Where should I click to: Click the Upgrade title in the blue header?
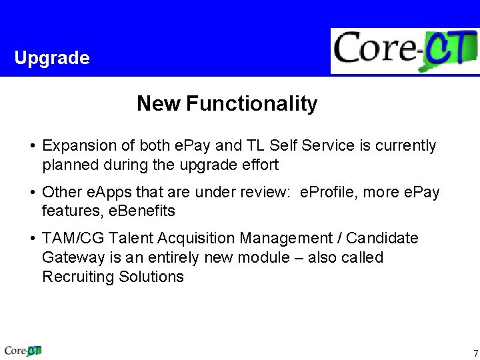pos(51,58)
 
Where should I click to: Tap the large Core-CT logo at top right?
pos(405,51)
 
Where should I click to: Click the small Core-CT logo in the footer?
pos(23,349)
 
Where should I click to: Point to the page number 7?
pos(475,353)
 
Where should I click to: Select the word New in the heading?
pos(158,104)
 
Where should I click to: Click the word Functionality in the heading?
pos(252,104)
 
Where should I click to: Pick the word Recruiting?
pos(77,277)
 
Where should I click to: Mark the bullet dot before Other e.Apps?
pos(32,193)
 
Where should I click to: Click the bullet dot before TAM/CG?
pos(32,238)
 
